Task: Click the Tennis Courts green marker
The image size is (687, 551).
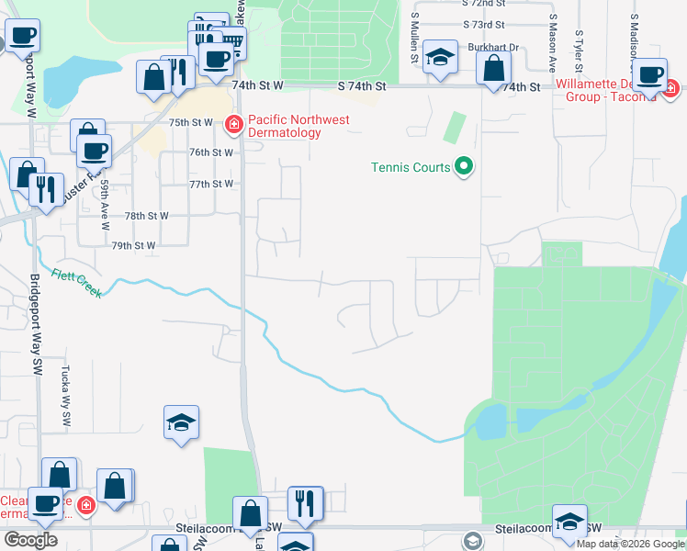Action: point(465,166)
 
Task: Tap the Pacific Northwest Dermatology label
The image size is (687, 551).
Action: point(285,126)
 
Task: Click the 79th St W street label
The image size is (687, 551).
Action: point(133,246)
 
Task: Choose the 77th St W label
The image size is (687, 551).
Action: point(210,184)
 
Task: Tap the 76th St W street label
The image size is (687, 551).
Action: point(210,152)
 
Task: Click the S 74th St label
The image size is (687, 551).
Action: point(360,85)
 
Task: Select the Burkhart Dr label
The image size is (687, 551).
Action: point(493,47)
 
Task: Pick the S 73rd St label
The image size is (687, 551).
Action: point(484,25)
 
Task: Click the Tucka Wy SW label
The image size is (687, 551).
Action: point(67,405)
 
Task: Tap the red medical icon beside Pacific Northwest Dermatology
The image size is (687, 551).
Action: point(234,122)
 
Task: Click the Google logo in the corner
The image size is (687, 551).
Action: point(30,540)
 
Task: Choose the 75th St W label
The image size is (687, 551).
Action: point(191,121)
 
